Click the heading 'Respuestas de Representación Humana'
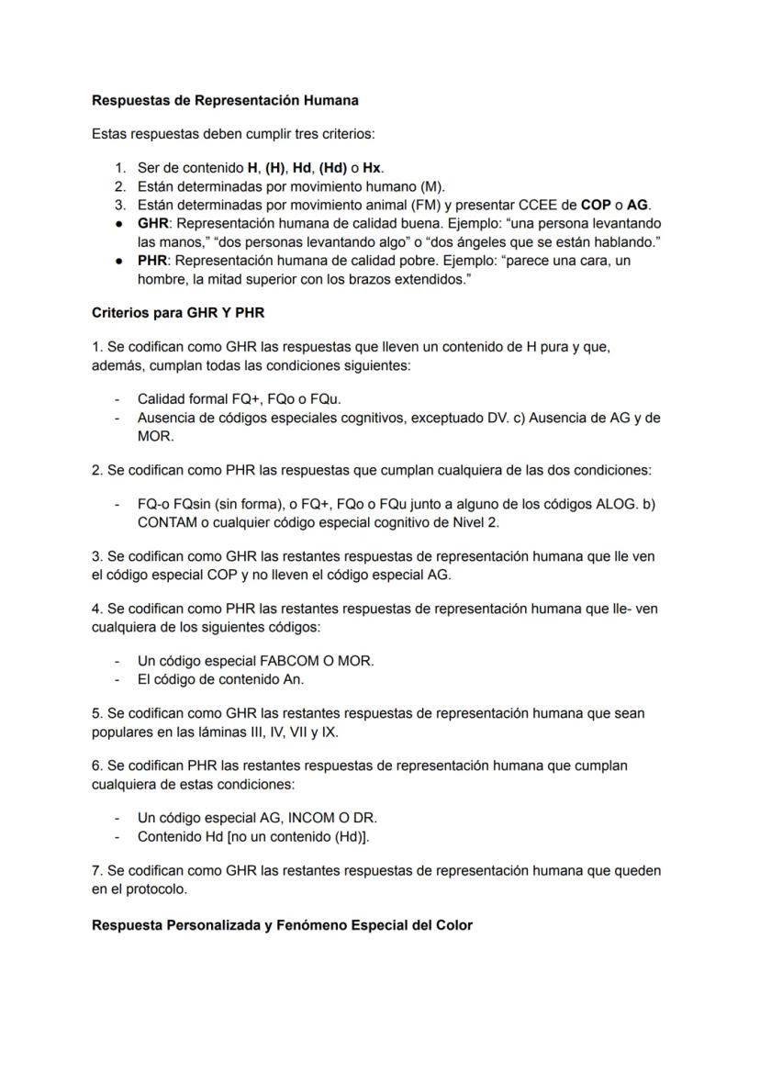point(225,100)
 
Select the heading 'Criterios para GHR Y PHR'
point(178,312)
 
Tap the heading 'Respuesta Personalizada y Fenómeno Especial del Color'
point(282,924)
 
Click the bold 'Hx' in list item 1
point(372,168)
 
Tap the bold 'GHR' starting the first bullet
point(154,223)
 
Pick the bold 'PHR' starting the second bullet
point(153,261)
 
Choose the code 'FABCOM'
point(274,661)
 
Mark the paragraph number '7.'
point(97,869)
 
